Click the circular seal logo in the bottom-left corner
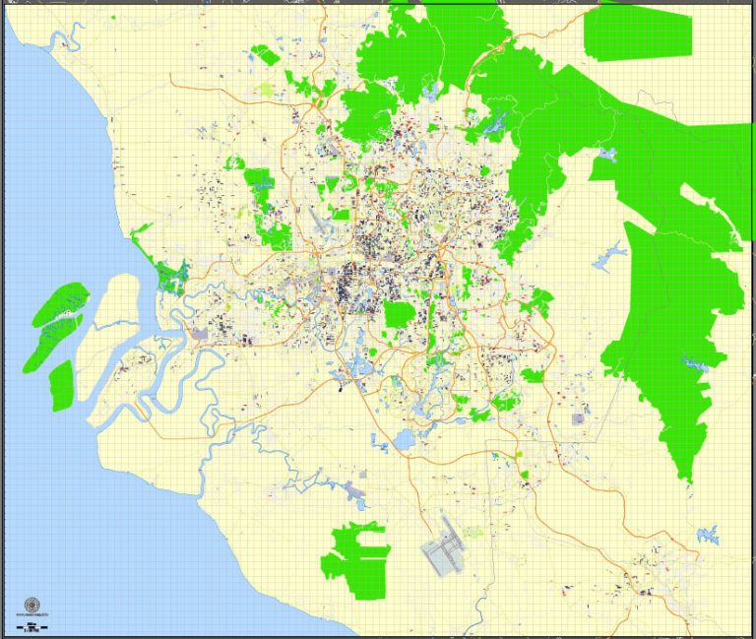(x=31, y=605)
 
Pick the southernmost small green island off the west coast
(x=61, y=385)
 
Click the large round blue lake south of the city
(x=404, y=439)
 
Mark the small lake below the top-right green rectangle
(x=606, y=155)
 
